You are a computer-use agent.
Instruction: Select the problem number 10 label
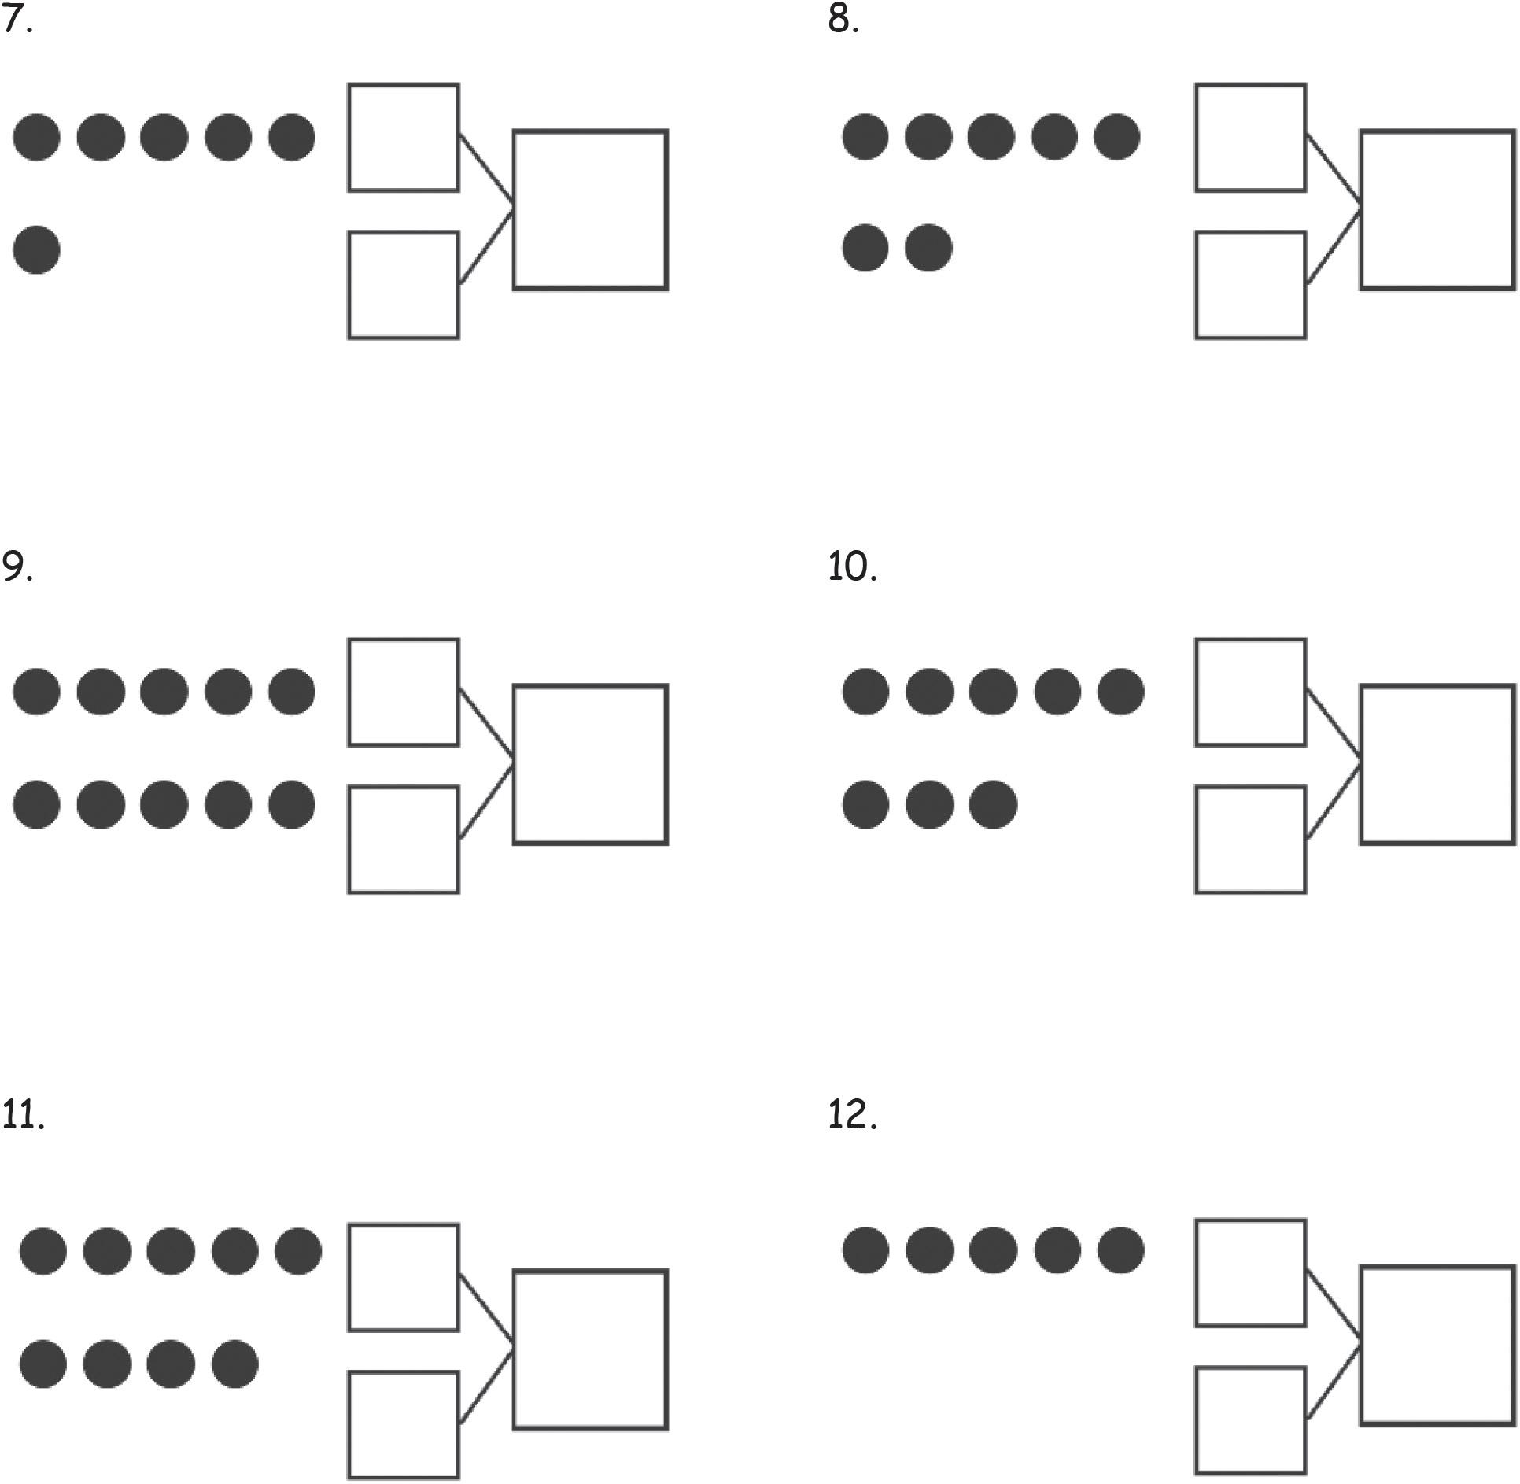pyautogui.click(x=851, y=567)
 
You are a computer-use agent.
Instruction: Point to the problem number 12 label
pyautogui.click(x=851, y=1114)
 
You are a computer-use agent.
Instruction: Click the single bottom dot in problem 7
pyautogui.click(x=37, y=250)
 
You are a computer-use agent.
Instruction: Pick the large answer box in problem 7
pyautogui.click(x=590, y=210)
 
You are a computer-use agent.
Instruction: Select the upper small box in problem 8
pyautogui.click(x=1250, y=138)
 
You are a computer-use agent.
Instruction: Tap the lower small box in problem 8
pyautogui.click(x=1250, y=285)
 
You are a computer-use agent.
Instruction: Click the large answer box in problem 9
pyautogui.click(x=590, y=764)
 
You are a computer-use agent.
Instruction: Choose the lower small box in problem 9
pyautogui.click(x=404, y=840)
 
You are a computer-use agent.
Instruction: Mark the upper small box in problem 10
pyautogui.click(x=1250, y=692)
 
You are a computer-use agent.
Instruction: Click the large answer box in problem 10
pyautogui.click(x=1437, y=764)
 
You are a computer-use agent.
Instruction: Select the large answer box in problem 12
pyautogui.click(x=1437, y=1344)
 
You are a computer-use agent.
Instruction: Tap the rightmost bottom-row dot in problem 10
pyautogui.click(x=993, y=804)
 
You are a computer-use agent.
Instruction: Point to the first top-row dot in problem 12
pyautogui.click(x=865, y=1250)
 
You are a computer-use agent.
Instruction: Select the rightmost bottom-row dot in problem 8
pyautogui.click(x=928, y=248)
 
